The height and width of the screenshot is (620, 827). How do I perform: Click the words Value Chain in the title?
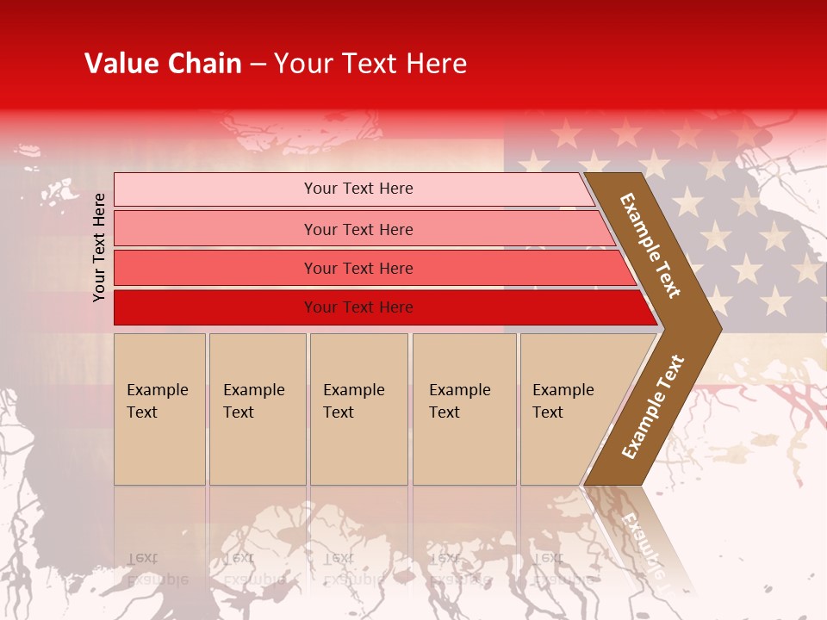pos(163,64)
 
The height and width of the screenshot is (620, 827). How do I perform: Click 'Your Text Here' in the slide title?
pos(370,64)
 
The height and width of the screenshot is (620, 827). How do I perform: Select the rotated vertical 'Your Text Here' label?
pos(99,247)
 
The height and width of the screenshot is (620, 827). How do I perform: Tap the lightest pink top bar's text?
pos(358,189)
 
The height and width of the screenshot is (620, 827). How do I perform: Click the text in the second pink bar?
pos(358,230)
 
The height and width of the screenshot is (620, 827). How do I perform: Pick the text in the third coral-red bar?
pos(358,269)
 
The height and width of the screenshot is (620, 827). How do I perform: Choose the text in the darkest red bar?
pos(358,307)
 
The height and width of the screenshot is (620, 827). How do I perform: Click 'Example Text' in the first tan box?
pos(157,401)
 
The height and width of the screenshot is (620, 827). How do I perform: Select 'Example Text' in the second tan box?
pos(253,401)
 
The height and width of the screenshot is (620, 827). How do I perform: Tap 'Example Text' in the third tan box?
pos(353,401)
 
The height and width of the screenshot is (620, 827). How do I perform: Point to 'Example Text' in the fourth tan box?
pos(459,401)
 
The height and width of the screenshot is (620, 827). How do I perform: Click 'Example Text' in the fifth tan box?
pos(563,401)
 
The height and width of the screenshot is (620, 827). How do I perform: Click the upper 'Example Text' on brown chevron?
pos(650,245)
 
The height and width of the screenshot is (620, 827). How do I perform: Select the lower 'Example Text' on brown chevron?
pos(652,407)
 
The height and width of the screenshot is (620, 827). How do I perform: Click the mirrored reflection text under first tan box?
pos(157,568)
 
